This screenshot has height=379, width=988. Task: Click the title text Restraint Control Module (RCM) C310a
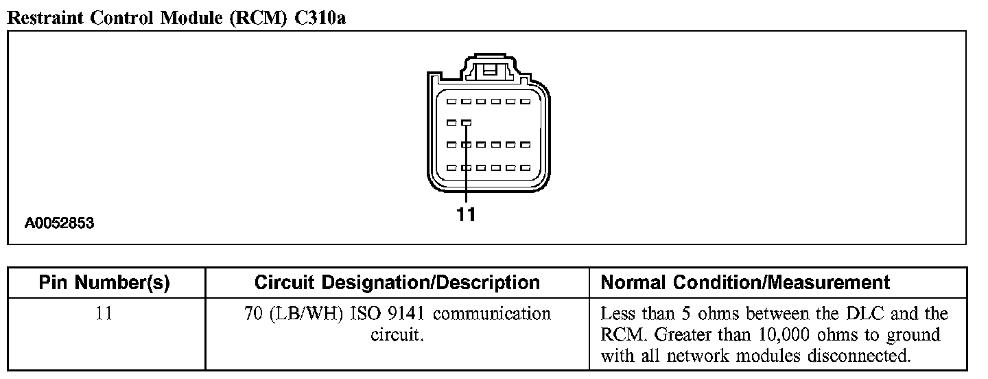(x=176, y=19)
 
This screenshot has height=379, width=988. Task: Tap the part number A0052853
(x=60, y=223)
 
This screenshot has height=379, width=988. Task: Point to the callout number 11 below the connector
(x=466, y=215)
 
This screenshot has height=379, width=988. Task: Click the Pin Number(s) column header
(x=104, y=282)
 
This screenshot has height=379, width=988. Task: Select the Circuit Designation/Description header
(x=397, y=282)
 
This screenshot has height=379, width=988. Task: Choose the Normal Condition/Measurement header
(x=745, y=282)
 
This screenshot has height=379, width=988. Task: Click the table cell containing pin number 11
(x=104, y=314)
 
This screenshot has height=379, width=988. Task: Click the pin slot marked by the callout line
(x=466, y=123)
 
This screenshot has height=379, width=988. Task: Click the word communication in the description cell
(x=492, y=314)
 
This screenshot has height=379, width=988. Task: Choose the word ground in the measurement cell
(x=913, y=336)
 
